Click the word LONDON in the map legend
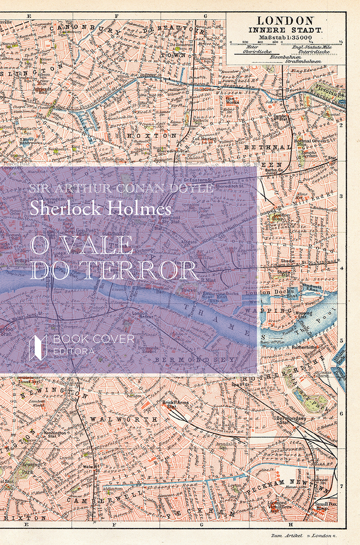(x=285, y=20)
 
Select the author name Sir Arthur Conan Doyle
(x=120, y=189)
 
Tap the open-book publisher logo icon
(x=38, y=346)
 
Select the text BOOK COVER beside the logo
(x=93, y=339)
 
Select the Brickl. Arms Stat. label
(x=176, y=404)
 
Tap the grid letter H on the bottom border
(x=290, y=524)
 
